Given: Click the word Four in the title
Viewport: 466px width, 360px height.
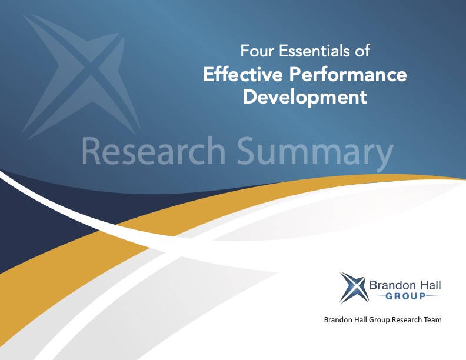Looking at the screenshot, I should click(254, 52).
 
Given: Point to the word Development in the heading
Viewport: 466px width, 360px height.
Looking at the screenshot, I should click(305, 96).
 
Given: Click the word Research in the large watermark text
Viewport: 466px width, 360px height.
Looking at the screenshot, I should click(154, 151).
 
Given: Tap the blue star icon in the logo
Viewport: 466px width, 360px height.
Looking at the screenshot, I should click(353, 286).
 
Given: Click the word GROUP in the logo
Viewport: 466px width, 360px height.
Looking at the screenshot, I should click(406, 297).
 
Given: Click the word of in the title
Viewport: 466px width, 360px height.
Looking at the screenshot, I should click(362, 52).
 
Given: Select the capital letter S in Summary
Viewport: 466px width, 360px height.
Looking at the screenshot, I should click(248, 151).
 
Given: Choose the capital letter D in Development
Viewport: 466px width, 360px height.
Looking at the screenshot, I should click(250, 96).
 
